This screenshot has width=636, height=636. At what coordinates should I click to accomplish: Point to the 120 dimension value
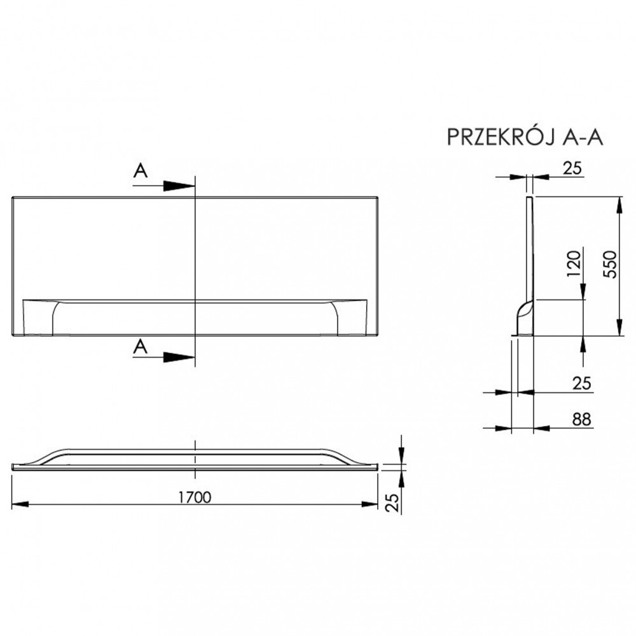(x=574, y=263)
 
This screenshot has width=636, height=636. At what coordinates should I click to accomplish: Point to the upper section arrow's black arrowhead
(x=178, y=186)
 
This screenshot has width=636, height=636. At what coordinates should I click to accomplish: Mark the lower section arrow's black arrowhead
(x=178, y=358)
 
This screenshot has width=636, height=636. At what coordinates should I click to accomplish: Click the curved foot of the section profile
(x=522, y=315)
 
